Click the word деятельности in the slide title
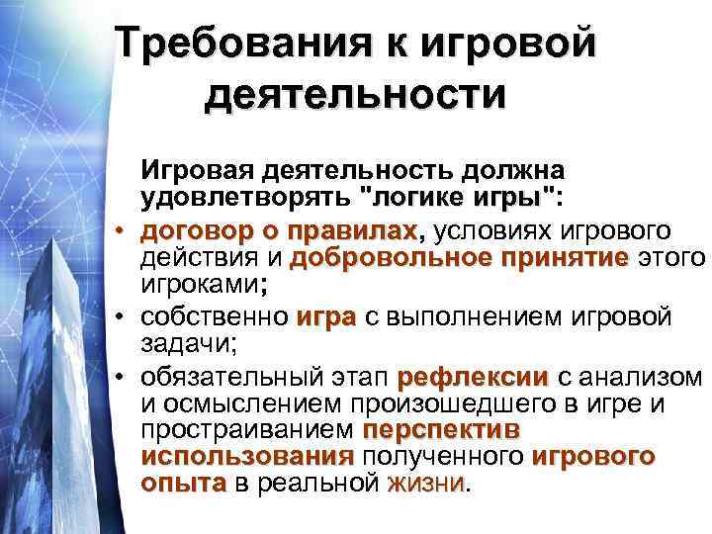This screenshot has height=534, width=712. tap(355, 96)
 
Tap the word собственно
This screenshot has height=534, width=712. tap(215, 318)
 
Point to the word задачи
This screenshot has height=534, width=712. tap(176, 345)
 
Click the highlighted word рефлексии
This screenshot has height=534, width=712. tap(472, 378)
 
